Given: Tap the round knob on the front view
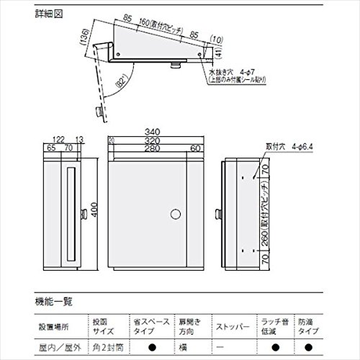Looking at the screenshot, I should (175, 214).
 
